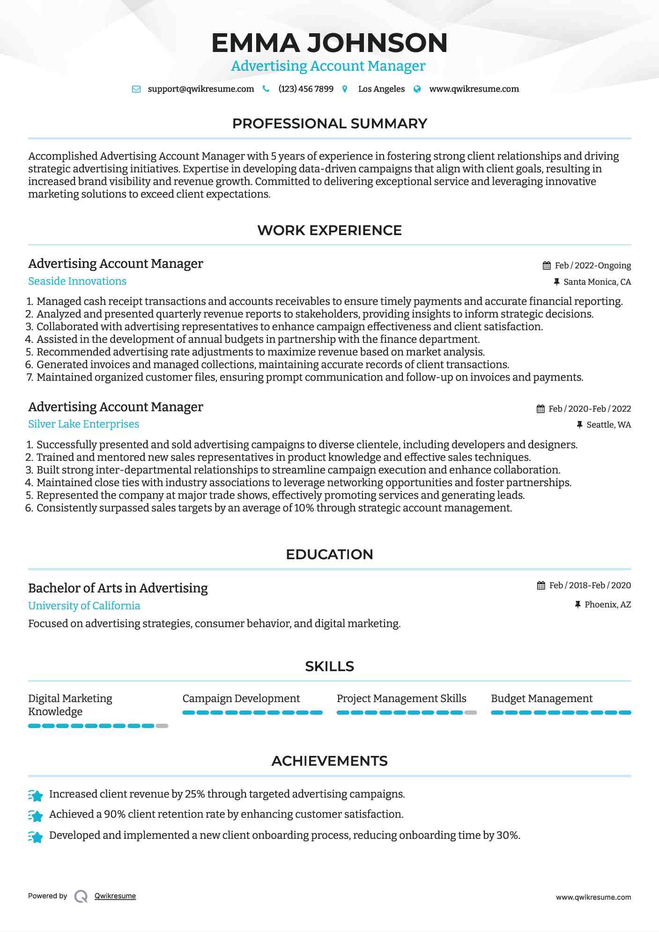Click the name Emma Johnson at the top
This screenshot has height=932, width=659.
[x=329, y=43]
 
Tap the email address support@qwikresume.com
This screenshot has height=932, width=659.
[x=200, y=89]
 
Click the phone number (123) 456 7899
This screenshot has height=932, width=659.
[x=306, y=89]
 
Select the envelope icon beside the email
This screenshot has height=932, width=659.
[x=136, y=89]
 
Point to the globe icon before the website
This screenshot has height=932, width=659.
[x=417, y=89]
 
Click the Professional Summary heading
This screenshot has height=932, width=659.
[x=329, y=124]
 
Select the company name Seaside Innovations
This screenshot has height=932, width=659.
[x=77, y=281]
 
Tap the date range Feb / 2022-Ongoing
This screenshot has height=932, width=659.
[x=592, y=266]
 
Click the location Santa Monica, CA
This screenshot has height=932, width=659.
[x=597, y=282]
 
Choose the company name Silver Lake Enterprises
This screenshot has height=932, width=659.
[x=83, y=424]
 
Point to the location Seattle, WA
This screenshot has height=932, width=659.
[x=608, y=425]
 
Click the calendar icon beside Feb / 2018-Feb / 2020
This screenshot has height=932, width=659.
[x=541, y=585]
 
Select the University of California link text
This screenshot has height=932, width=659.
[x=84, y=606]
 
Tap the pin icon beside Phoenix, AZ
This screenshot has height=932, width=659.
[x=578, y=605]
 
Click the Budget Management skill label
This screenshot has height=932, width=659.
[x=541, y=699]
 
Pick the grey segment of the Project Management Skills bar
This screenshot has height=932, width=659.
[x=471, y=713]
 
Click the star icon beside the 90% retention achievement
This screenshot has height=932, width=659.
[x=36, y=816]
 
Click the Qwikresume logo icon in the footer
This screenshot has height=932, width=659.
[x=81, y=896]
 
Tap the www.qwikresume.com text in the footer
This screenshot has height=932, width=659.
[x=593, y=897]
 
